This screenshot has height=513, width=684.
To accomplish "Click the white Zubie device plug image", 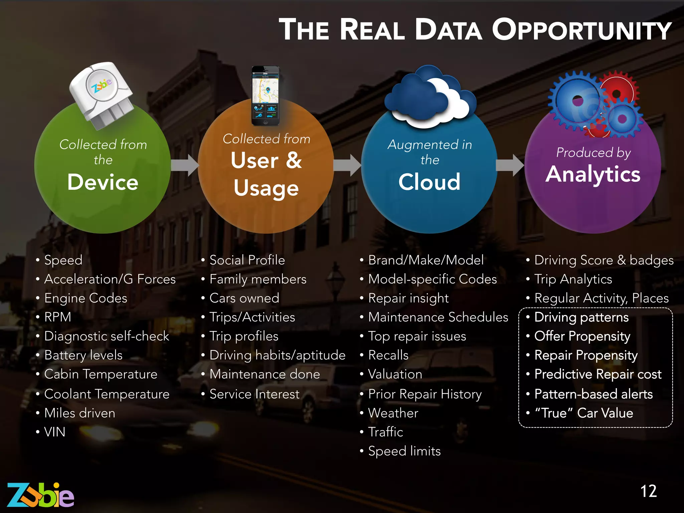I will [102, 95].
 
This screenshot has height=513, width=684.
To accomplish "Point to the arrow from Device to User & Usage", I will [185, 165].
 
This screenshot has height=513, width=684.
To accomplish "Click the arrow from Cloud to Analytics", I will [510, 165].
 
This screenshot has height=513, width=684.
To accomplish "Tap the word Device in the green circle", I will [103, 182].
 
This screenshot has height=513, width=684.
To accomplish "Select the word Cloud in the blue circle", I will [430, 182].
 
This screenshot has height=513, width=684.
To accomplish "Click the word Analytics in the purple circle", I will [593, 174].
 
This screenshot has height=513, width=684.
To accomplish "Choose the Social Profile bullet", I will [247, 260].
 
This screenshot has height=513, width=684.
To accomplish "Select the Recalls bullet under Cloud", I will [388, 355].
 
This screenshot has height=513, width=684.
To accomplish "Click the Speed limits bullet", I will [404, 451].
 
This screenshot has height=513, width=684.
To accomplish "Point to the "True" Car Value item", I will [584, 413].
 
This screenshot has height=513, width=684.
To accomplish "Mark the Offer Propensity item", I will [582, 336].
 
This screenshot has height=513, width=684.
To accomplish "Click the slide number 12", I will [649, 491].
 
